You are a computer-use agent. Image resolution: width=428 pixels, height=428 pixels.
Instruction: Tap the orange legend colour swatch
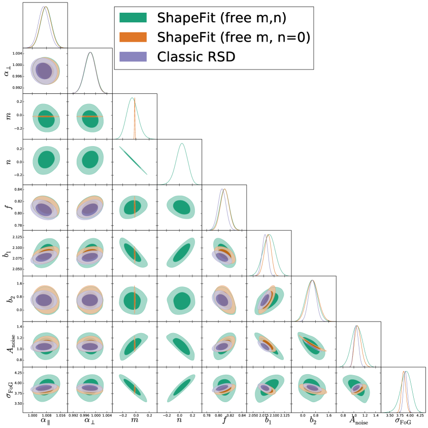133,37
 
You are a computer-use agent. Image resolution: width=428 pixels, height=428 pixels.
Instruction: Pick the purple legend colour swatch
133,56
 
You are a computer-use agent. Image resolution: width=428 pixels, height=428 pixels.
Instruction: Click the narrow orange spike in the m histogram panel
135,122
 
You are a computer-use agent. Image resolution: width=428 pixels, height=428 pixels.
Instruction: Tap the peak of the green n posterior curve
181,144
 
